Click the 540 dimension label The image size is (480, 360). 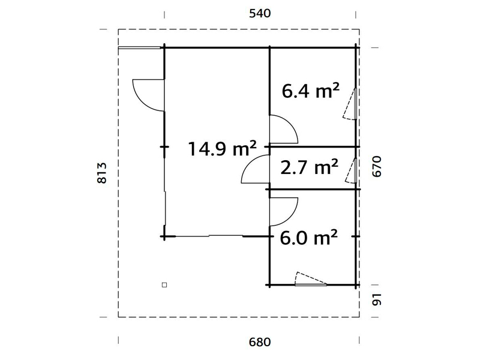point(260,13)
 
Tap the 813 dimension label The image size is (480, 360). point(102,173)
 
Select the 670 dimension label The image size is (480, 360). point(377,166)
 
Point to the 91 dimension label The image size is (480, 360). point(377,299)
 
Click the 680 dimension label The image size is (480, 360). point(260,342)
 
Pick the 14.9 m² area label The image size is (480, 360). point(222,148)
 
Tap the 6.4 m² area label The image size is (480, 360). point(310,91)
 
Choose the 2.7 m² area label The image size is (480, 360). point(309,167)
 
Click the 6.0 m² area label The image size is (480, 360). point(308,237)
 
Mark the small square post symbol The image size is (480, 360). point(164,285)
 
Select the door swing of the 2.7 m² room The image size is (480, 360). point(250,162)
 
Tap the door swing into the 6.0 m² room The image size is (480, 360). point(290,220)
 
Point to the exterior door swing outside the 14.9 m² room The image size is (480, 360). point(141,103)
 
